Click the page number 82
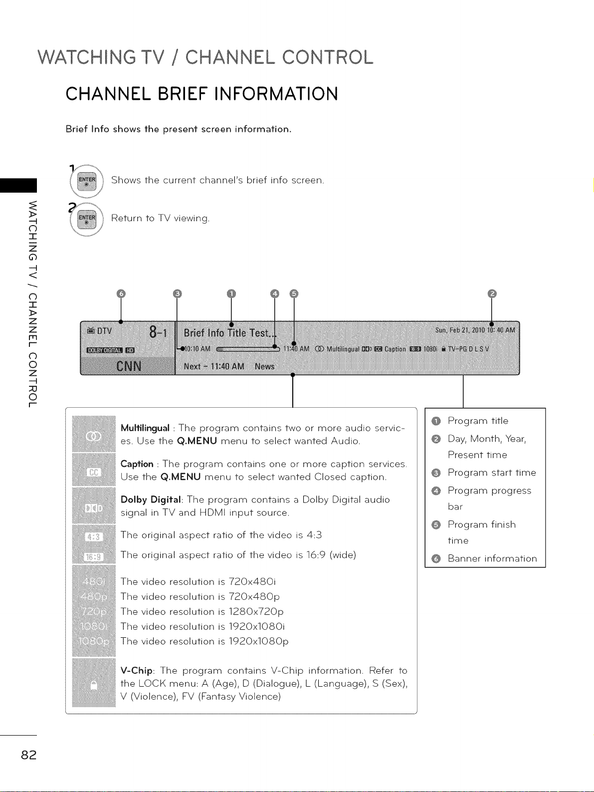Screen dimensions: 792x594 tap(28, 755)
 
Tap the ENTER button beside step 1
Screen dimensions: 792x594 tap(87, 180)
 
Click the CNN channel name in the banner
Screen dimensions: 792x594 tap(128, 367)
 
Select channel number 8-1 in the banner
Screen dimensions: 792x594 tap(158, 332)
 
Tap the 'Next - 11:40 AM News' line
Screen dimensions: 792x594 tap(229, 366)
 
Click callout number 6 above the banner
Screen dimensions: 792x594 tap(120, 293)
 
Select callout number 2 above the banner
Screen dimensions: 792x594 tap(492, 293)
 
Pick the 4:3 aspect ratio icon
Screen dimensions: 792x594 tap(94, 537)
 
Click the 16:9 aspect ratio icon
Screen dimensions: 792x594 tap(94, 556)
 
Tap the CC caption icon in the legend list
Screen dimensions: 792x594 tap(94, 472)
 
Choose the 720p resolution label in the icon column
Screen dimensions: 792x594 tap(94, 612)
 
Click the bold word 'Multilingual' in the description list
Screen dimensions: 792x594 tap(145, 428)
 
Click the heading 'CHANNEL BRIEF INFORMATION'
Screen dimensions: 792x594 tap(201, 94)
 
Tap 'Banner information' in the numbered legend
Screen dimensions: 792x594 tap(492, 558)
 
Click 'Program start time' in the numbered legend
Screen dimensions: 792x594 tap(491, 473)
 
